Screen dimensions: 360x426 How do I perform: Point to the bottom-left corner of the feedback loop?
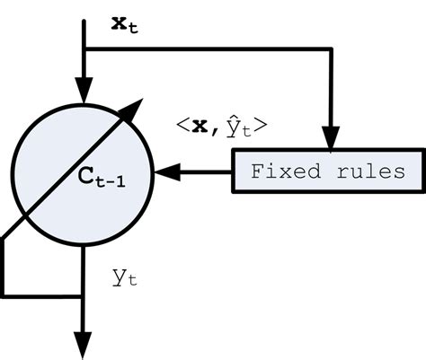tap(4, 294)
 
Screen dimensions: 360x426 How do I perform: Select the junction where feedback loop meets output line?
tap(83, 294)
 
